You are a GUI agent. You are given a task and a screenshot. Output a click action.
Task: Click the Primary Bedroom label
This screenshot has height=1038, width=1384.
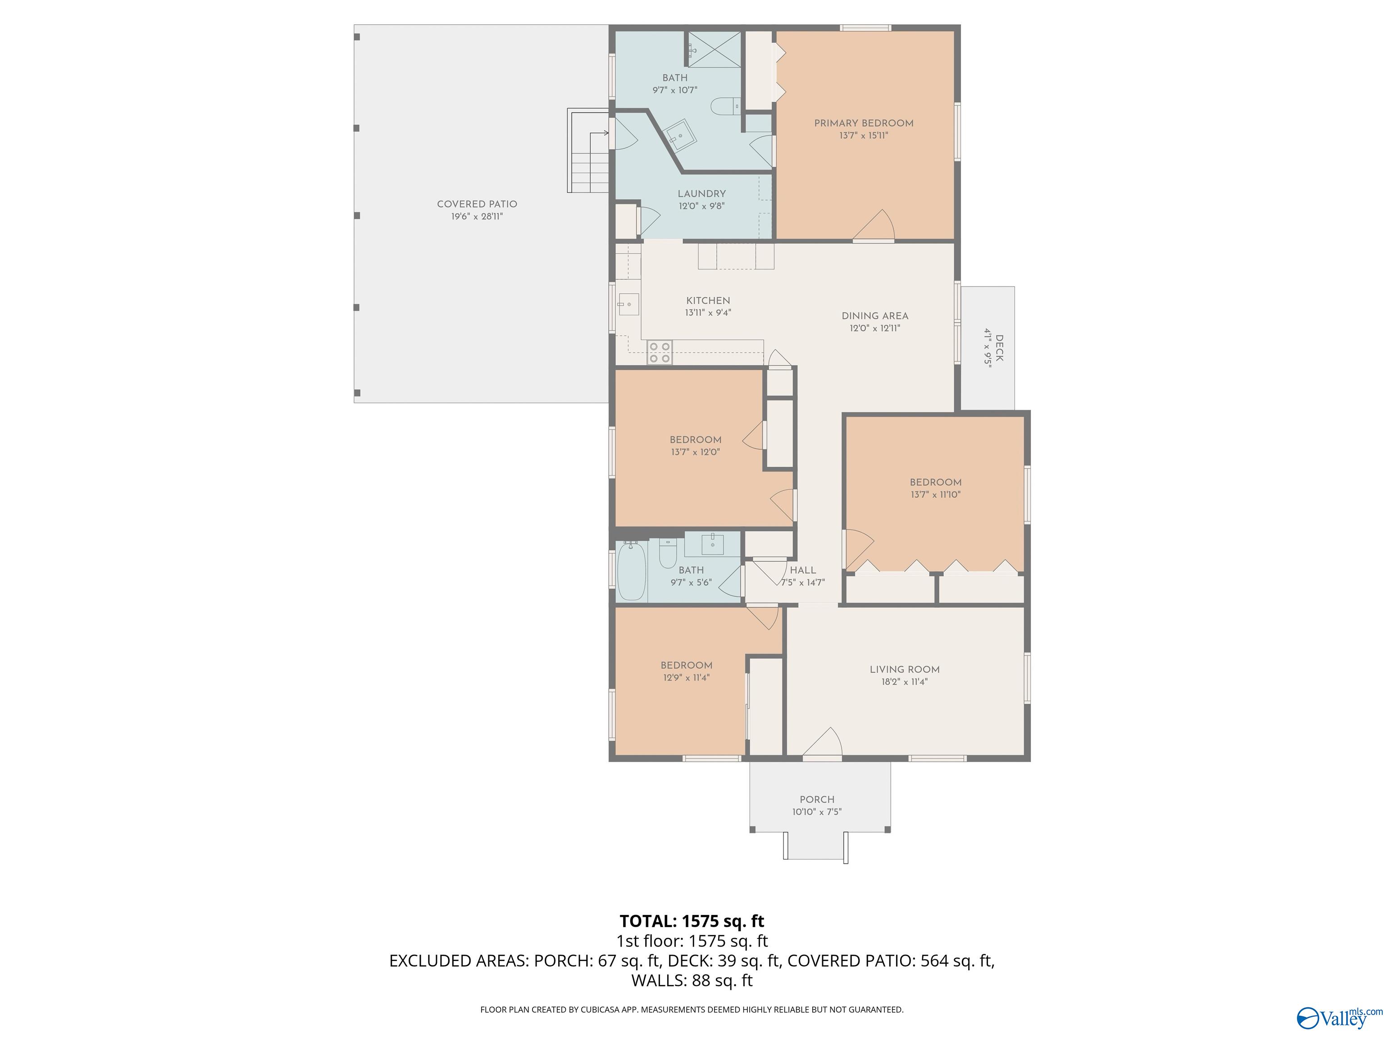pos(864,123)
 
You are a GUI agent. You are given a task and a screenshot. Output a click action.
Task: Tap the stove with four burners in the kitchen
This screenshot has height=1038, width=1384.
pos(659,352)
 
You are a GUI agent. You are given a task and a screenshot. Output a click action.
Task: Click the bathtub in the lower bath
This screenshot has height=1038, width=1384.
pos(631,571)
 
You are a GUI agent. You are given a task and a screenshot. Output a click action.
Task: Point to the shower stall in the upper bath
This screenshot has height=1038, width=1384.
pos(715,50)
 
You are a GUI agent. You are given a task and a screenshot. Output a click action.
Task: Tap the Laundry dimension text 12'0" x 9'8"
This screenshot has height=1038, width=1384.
pos(701,206)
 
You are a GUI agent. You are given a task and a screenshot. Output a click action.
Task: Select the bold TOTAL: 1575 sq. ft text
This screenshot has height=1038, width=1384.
pos(692,921)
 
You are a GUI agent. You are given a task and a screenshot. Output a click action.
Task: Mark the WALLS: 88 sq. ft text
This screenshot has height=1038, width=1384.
pos(692,980)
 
